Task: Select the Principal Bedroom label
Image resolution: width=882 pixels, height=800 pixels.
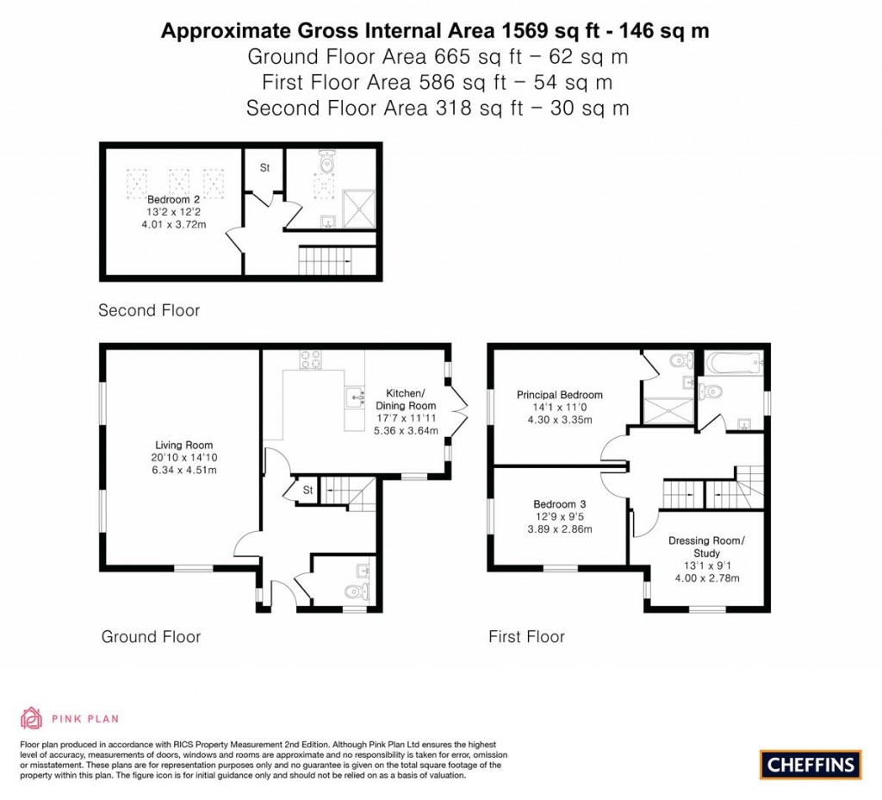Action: tap(559, 395)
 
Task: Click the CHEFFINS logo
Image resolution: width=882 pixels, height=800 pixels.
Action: tap(811, 764)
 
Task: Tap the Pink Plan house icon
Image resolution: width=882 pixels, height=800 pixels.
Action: tap(31, 717)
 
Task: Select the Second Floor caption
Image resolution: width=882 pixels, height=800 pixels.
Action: tap(149, 310)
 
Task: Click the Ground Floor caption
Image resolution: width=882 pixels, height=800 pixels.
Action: tap(151, 637)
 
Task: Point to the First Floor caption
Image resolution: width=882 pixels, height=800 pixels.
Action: tap(526, 637)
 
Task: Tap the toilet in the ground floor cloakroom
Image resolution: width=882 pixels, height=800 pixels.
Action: tap(354, 591)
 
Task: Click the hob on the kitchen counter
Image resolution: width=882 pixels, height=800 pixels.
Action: tap(311, 359)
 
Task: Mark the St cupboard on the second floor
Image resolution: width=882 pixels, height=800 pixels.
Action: tap(264, 168)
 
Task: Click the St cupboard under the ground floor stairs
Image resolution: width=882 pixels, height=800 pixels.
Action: tap(307, 491)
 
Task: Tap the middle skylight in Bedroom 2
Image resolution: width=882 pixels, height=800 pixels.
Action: tap(178, 182)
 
